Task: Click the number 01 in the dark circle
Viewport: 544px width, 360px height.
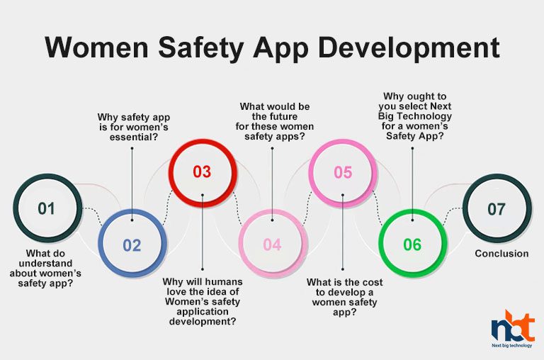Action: tap(46, 208)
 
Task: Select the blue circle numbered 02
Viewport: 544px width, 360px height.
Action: tap(132, 245)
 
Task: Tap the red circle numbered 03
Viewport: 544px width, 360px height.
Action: tap(202, 171)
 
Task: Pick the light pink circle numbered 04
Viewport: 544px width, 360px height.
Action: tap(272, 245)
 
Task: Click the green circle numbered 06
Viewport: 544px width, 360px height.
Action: tap(412, 245)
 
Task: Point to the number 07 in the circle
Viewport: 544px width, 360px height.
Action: tap(497, 209)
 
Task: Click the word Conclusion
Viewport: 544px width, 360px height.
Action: tap(501, 253)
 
